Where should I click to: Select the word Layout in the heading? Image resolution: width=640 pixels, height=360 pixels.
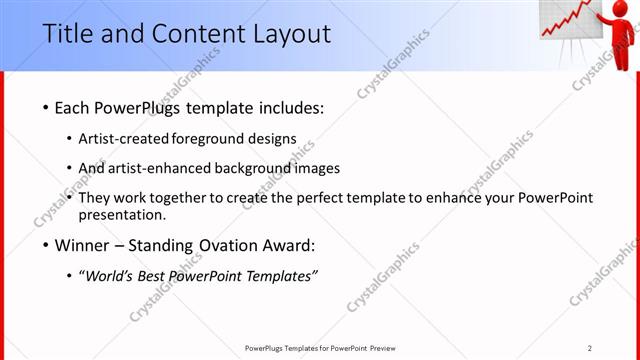[289, 33]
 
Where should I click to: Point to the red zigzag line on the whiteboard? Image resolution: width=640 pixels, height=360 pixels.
[565, 20]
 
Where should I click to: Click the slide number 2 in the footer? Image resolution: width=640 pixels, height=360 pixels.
[590, 347]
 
